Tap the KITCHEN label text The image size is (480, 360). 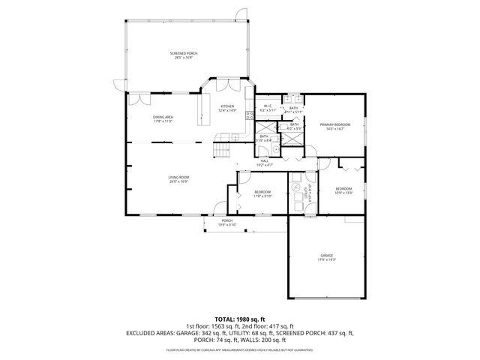click(227, 106)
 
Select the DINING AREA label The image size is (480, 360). click(163, 117)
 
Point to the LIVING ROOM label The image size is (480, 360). click(178, 177)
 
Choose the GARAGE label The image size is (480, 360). click(326, 256)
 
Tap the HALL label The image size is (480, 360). click(265, 160)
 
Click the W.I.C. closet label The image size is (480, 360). click(267, 106)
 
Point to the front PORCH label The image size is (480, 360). click(226, 220)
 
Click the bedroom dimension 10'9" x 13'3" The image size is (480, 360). click(343, 192)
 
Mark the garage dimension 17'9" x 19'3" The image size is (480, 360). click(326, 260)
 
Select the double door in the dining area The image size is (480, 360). click(137, 99)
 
